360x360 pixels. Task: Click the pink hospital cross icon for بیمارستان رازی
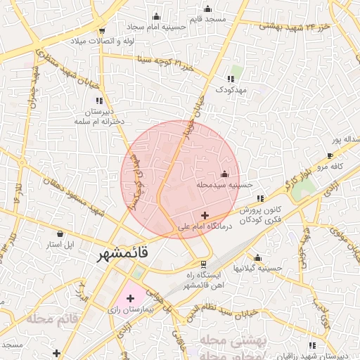click(130, 299)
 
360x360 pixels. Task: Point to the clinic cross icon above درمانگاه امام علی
click(205, 215)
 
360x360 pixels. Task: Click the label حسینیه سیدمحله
click(224, 185)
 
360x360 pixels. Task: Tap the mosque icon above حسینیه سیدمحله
click(224, 174)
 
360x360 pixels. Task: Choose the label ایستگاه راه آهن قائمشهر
click(202, 279)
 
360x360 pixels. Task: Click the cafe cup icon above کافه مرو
click(330, 155)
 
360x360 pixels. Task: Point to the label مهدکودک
click(230, 90)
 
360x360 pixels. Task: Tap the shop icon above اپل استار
click(60, 233)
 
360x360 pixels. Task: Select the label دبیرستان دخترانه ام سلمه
click(101, 117)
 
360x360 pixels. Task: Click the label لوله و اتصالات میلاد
click(102, 40)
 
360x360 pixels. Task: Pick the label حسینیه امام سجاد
click(156, 27)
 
